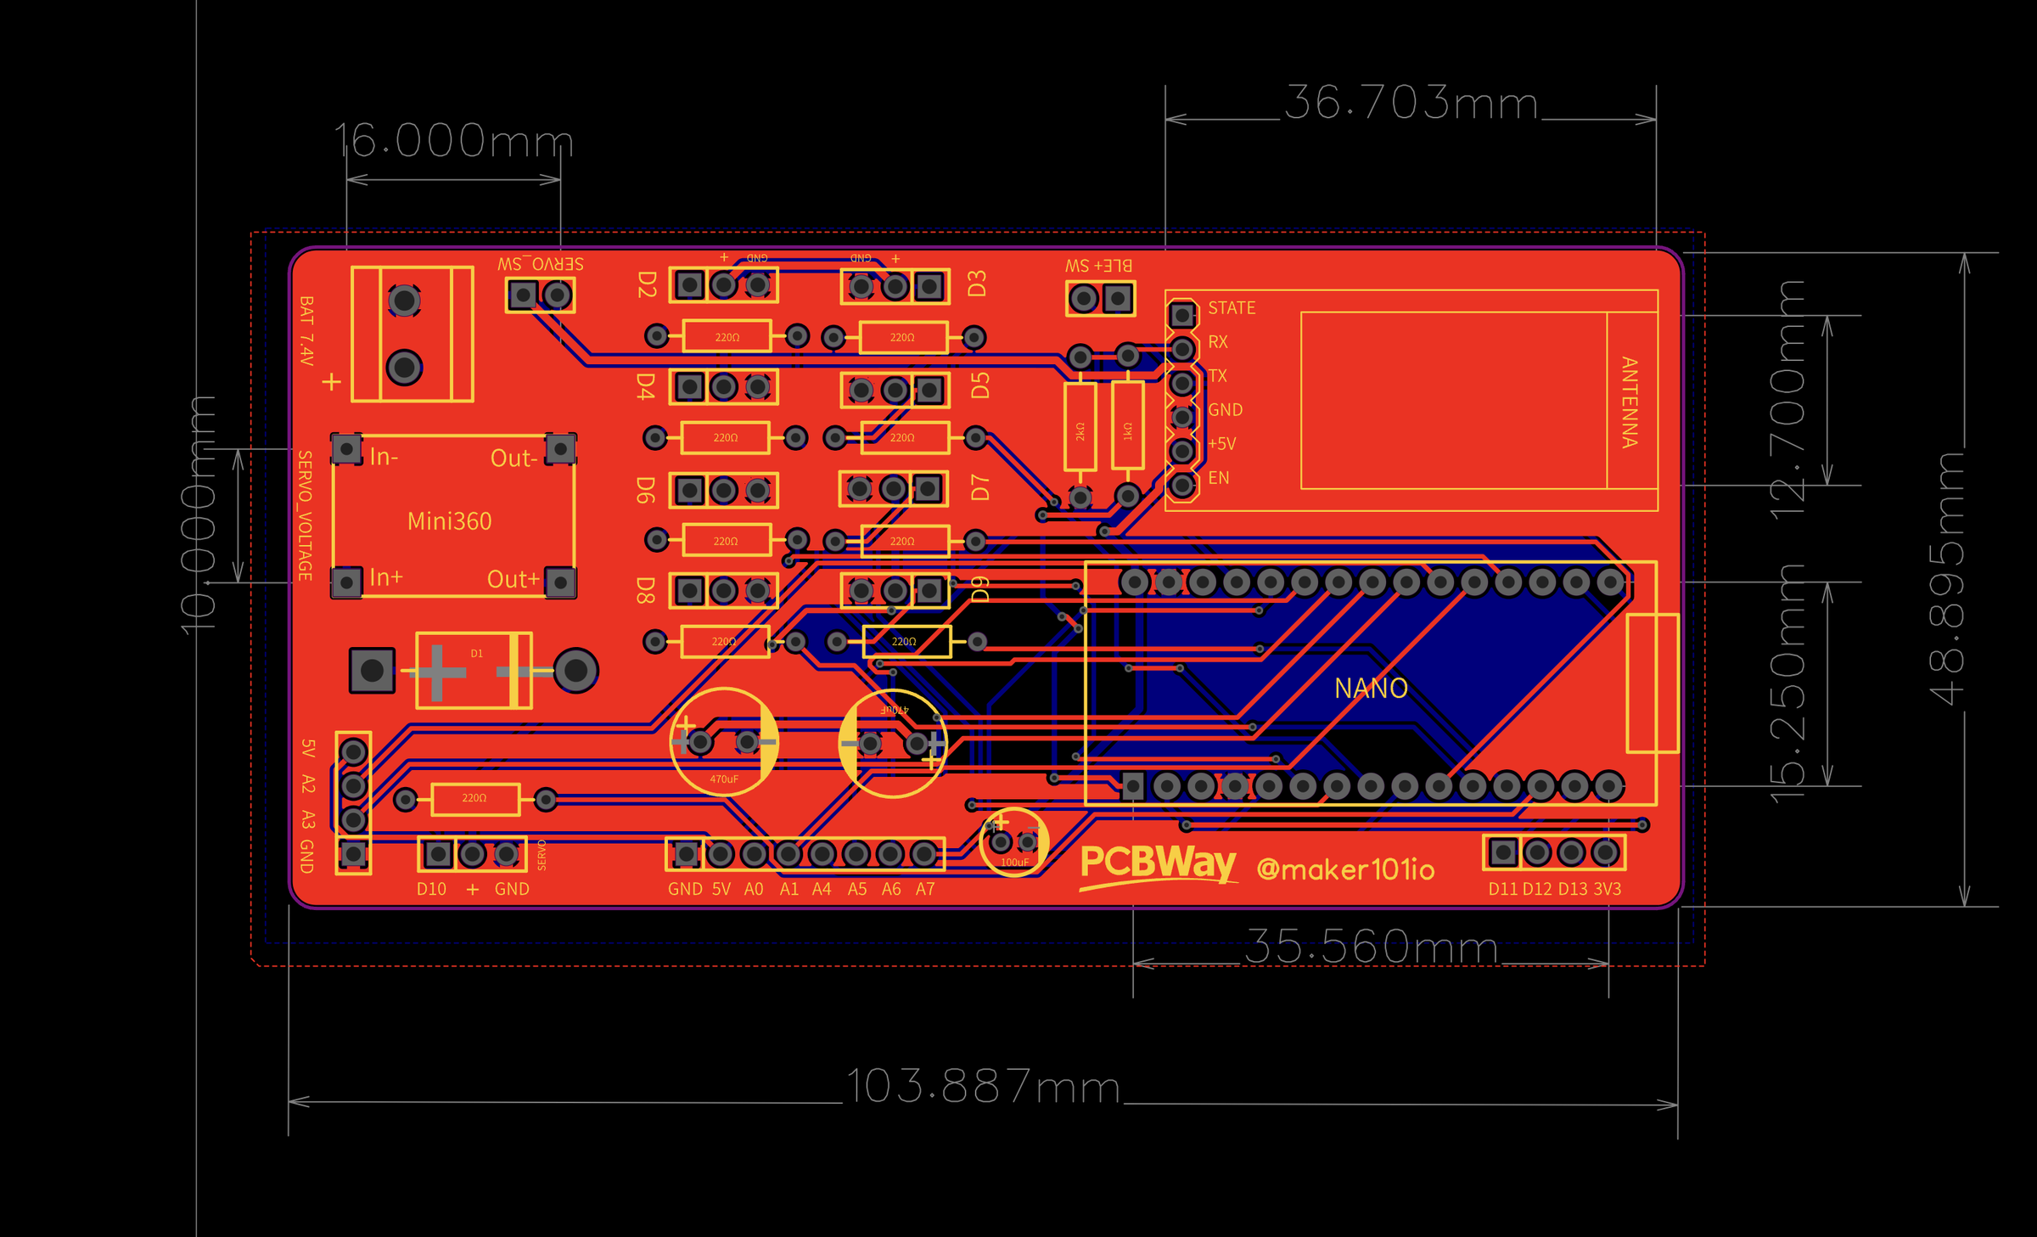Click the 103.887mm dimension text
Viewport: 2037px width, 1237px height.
[x=983, y=1087]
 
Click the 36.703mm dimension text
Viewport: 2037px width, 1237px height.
[x=1411, y=104]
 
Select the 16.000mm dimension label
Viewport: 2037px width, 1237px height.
[x=453, y=141]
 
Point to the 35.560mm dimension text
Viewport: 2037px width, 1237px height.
[x=1371, y=947]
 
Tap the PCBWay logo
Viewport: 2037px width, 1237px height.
[x=1158, y=865]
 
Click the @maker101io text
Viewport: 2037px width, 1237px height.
[x=1345, y=869]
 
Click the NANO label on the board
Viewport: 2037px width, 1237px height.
[x=1371, y=688]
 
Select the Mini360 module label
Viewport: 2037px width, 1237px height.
[x=449, y=521]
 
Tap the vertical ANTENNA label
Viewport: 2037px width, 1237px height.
[x=1629, y=402]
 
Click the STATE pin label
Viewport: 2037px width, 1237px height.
[x=1231, y=308]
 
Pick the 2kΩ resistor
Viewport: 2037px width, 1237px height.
[x=1080, y=427]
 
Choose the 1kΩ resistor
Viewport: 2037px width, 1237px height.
[x=1127, y=427]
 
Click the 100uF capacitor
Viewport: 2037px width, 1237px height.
[x=1013, y=841]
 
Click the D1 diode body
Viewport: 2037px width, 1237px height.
[x=473, y=671]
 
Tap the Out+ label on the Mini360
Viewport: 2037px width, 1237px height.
[x=513, y=580]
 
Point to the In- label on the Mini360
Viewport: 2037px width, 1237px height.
[x=384, y=458]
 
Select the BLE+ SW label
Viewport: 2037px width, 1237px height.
[x=1098, y=266]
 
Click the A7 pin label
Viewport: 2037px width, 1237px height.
[x=924, y=889]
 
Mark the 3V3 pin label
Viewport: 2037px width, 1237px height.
[x=1607, y=889]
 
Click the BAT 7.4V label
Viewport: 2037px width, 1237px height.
[x=306, y=331]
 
